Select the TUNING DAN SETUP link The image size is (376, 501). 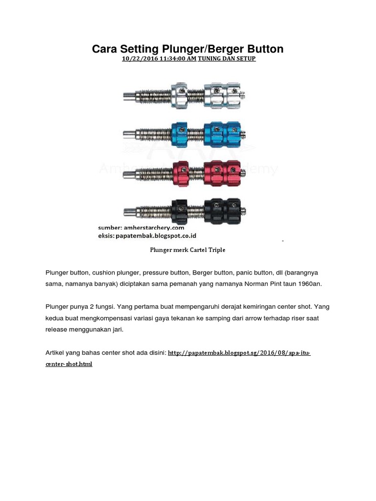click(227, 59)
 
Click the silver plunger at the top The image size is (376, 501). click(185, 95)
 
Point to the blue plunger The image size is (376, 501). click(185, 134)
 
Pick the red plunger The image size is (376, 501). click(185, 174)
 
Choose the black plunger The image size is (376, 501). click(185, 211)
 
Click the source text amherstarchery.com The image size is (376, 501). click(154, 228)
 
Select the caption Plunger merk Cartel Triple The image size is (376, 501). click(188, 250)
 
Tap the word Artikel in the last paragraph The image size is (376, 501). click(54, 353)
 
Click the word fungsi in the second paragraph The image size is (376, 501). click(105, 307)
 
